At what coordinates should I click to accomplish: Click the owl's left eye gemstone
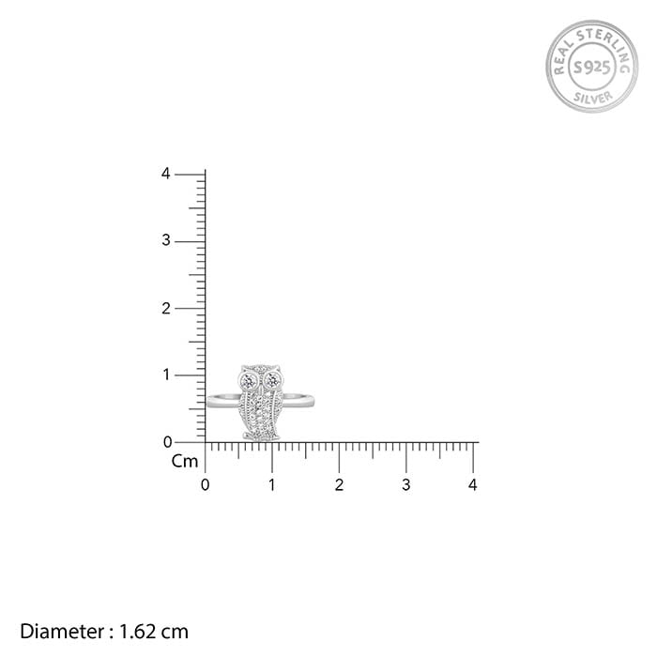pyautogui.click(x=251, y=381)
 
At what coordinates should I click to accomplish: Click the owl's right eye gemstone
pyautogui.click(x=273, y=381)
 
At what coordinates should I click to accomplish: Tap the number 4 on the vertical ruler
pyautogui.click(x=166, y=174)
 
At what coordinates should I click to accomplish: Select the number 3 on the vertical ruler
pyautogui.click(x=166, y=240)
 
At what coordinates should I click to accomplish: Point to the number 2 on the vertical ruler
pyautogui.click(x=166, y=309)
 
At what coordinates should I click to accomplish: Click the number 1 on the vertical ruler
pyautogui.click(x=166, y=374)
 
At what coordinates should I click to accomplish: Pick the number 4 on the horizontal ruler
pyautogui.click(x=473, y=485)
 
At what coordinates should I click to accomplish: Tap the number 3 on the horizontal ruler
pyautogui.click(x=405, y=485)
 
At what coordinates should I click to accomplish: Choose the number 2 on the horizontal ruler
pyautogui.click(x=339, y=485)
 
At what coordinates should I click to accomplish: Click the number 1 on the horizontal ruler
pyautogui.click(x=272, y=485)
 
